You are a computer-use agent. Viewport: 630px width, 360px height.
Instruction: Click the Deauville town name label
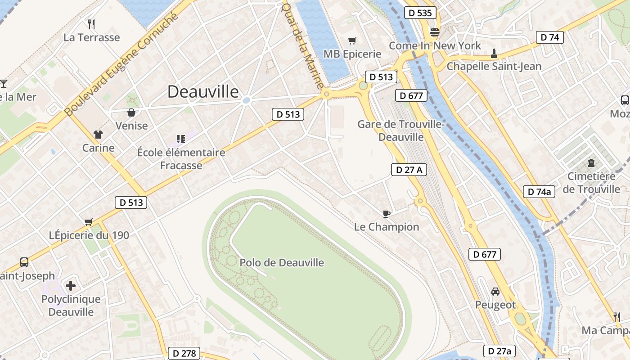click(x=203, y=92)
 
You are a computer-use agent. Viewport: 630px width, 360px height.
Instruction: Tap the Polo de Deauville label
click(x=282, y=263)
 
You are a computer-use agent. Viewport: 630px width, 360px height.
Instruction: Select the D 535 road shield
click(x=421, y=13)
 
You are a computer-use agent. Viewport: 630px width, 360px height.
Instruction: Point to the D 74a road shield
click(x=539, y=192)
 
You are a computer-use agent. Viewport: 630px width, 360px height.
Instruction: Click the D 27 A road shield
click(x=409, y=170)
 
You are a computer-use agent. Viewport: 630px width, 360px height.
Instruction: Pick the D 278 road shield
click(x=184, y=353)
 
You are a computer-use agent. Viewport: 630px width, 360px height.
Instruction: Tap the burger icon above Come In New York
click(x=434, y=32)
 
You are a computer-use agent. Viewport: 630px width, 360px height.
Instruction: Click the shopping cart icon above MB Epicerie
click(x=352, y=41)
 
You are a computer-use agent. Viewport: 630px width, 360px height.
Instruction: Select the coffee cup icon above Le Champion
click(x=386, y=214)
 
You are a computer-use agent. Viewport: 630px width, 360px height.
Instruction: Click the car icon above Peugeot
click(x=495, y=292)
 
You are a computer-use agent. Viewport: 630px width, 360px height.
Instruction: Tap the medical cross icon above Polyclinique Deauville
click(x=70, y=285)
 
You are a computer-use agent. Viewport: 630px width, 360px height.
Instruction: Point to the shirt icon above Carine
click(x=98, y=134)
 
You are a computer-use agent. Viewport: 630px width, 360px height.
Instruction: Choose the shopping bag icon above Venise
click(x=131, y=112)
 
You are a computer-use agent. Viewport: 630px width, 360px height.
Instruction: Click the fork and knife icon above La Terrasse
click(x=91, y=23)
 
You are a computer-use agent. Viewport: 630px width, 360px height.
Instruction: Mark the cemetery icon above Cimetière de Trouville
click(x=591, y=163)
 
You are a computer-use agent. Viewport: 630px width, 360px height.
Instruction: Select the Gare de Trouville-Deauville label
click(x=401, y=130)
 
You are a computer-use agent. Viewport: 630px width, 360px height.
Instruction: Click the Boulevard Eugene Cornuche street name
click(x=121, y=64)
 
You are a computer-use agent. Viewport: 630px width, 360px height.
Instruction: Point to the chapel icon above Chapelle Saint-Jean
click(x=494, y=54)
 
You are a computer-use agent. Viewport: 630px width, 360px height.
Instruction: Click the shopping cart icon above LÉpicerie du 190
click(x=89, y=222)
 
